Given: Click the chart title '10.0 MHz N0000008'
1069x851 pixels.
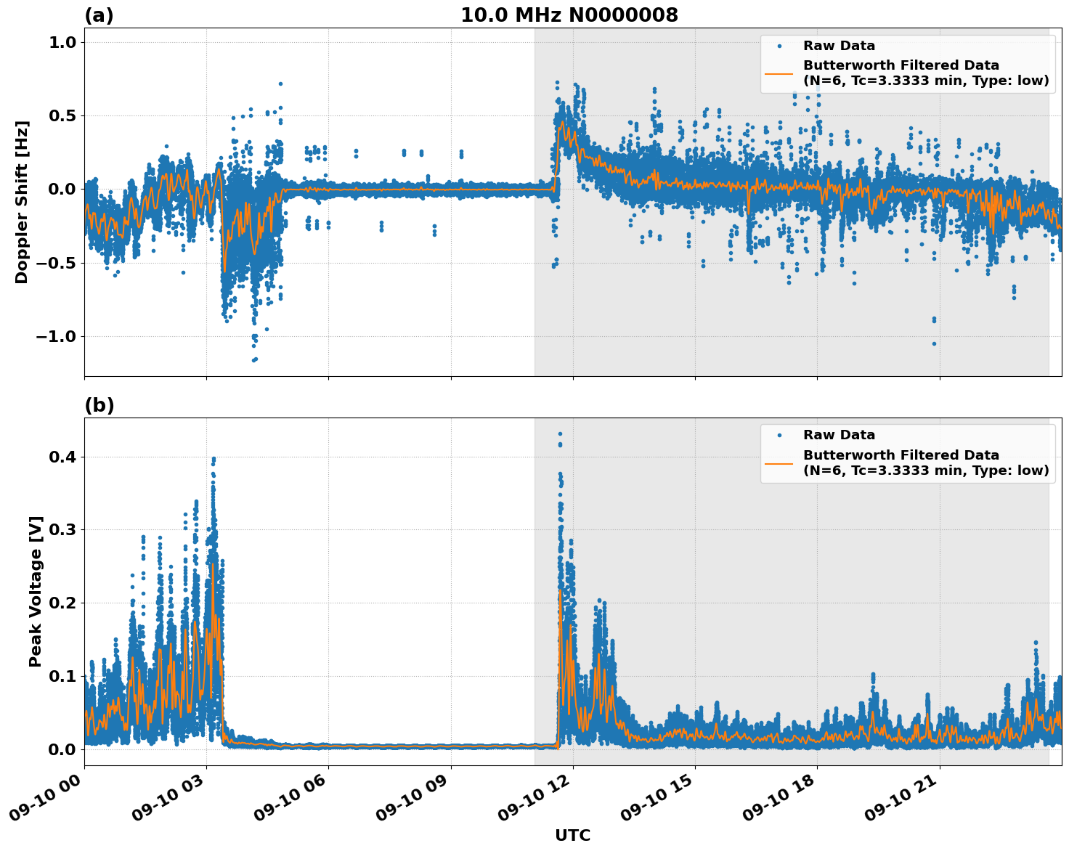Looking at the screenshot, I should (x=569, y=15).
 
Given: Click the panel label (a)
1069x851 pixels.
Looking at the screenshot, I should (x=99, y=15).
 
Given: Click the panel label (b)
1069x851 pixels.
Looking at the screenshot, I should (x=99, y=405).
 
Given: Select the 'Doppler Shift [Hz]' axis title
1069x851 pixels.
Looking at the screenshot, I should (x=22, y=202).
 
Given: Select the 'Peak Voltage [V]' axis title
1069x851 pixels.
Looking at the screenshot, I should (x=36, y=591).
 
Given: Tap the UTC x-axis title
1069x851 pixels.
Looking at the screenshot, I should (x=572, y=835).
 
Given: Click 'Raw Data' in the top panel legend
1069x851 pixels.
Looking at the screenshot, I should (x=839, y=46).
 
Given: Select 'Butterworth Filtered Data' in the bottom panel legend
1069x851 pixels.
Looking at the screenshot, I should (x=901, y=455).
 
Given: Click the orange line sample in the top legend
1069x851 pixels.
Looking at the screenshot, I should (x=779, y=73).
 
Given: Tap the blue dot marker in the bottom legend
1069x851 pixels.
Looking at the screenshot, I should (x=779, y=435).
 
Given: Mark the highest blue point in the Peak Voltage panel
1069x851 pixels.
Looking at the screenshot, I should (x=560, y=433).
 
